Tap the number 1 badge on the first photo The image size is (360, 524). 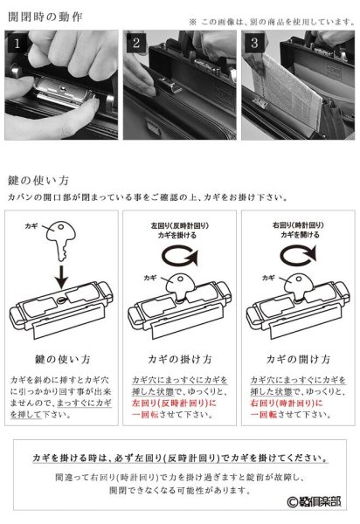18,41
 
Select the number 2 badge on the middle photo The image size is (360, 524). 135,42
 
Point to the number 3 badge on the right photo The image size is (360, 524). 253,42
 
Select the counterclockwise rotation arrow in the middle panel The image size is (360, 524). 179,259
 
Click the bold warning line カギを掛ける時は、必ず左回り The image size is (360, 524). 179,458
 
